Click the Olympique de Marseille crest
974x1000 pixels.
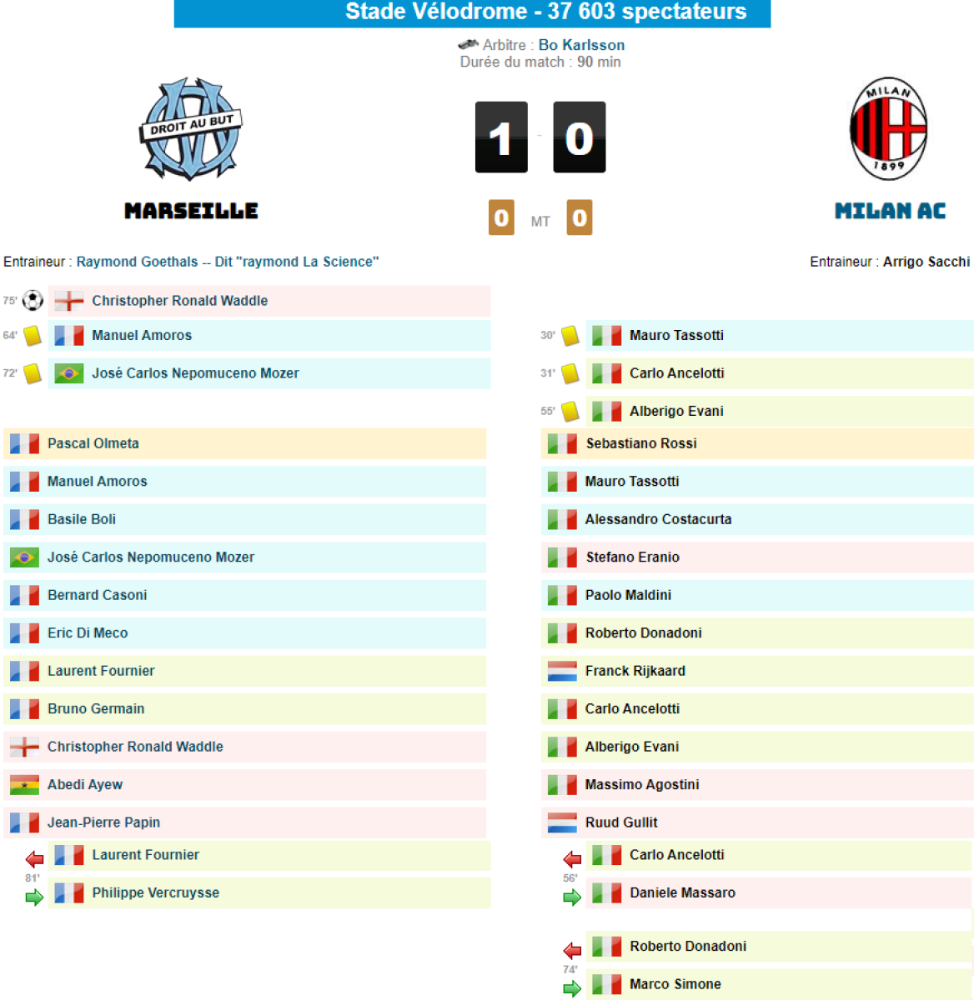(191, 129)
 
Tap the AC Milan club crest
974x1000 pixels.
(888, 130)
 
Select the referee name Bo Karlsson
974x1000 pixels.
(581, 45)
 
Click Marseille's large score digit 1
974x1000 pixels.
(501, 137)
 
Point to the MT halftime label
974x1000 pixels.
(540, 222)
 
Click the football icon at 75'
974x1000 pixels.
(33, 300)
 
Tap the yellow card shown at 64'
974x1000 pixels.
(33, 335)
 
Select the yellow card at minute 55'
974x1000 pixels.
(570, 411)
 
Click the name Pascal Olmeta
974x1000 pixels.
(93, 443)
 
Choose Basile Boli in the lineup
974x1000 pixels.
(82, 519)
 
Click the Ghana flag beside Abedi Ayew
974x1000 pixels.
(24, 784)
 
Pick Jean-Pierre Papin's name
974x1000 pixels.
(103, 822)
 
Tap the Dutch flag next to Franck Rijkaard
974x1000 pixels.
(562, 671)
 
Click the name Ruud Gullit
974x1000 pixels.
(621, 822)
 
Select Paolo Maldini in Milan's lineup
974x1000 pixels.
(628, 595)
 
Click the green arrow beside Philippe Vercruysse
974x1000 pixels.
(34, 897)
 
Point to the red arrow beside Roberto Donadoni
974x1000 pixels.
(572, 950)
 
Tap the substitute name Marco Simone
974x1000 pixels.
(675, 984)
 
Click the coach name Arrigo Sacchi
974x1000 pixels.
(926, 262)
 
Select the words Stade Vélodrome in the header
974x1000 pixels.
(436, 12)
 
